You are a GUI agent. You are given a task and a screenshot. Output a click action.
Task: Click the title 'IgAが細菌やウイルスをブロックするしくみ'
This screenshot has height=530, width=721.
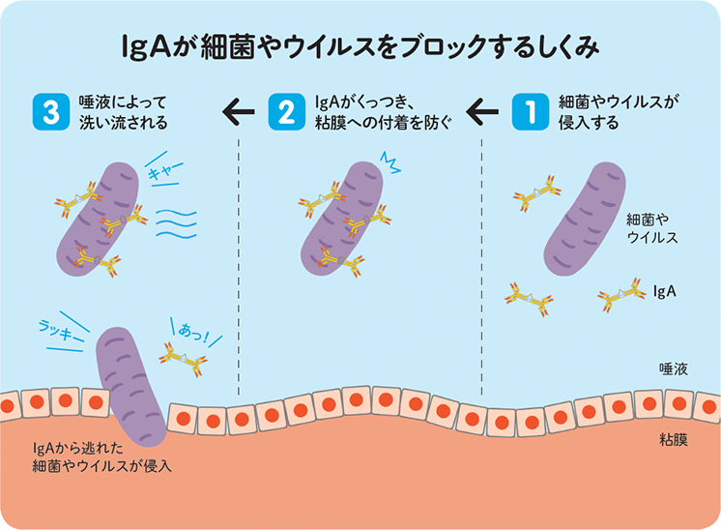[360, 46]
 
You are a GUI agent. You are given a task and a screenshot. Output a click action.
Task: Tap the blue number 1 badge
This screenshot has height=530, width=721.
[529, 112]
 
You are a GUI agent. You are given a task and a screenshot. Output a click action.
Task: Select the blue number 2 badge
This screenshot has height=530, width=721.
[286, 112]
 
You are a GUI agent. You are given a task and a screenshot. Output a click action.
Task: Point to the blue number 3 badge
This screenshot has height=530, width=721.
[46, 112]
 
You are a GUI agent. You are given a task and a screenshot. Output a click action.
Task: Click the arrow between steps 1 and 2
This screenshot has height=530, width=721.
[480, 113]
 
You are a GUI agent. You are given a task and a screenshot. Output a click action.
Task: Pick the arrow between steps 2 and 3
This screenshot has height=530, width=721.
[238, 113]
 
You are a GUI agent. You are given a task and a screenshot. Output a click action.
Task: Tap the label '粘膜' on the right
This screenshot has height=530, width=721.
[673, 440]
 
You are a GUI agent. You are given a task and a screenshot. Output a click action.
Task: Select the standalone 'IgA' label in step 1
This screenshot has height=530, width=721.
[664, 289]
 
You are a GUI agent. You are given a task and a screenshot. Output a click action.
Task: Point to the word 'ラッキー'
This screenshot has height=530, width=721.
[58, 328]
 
